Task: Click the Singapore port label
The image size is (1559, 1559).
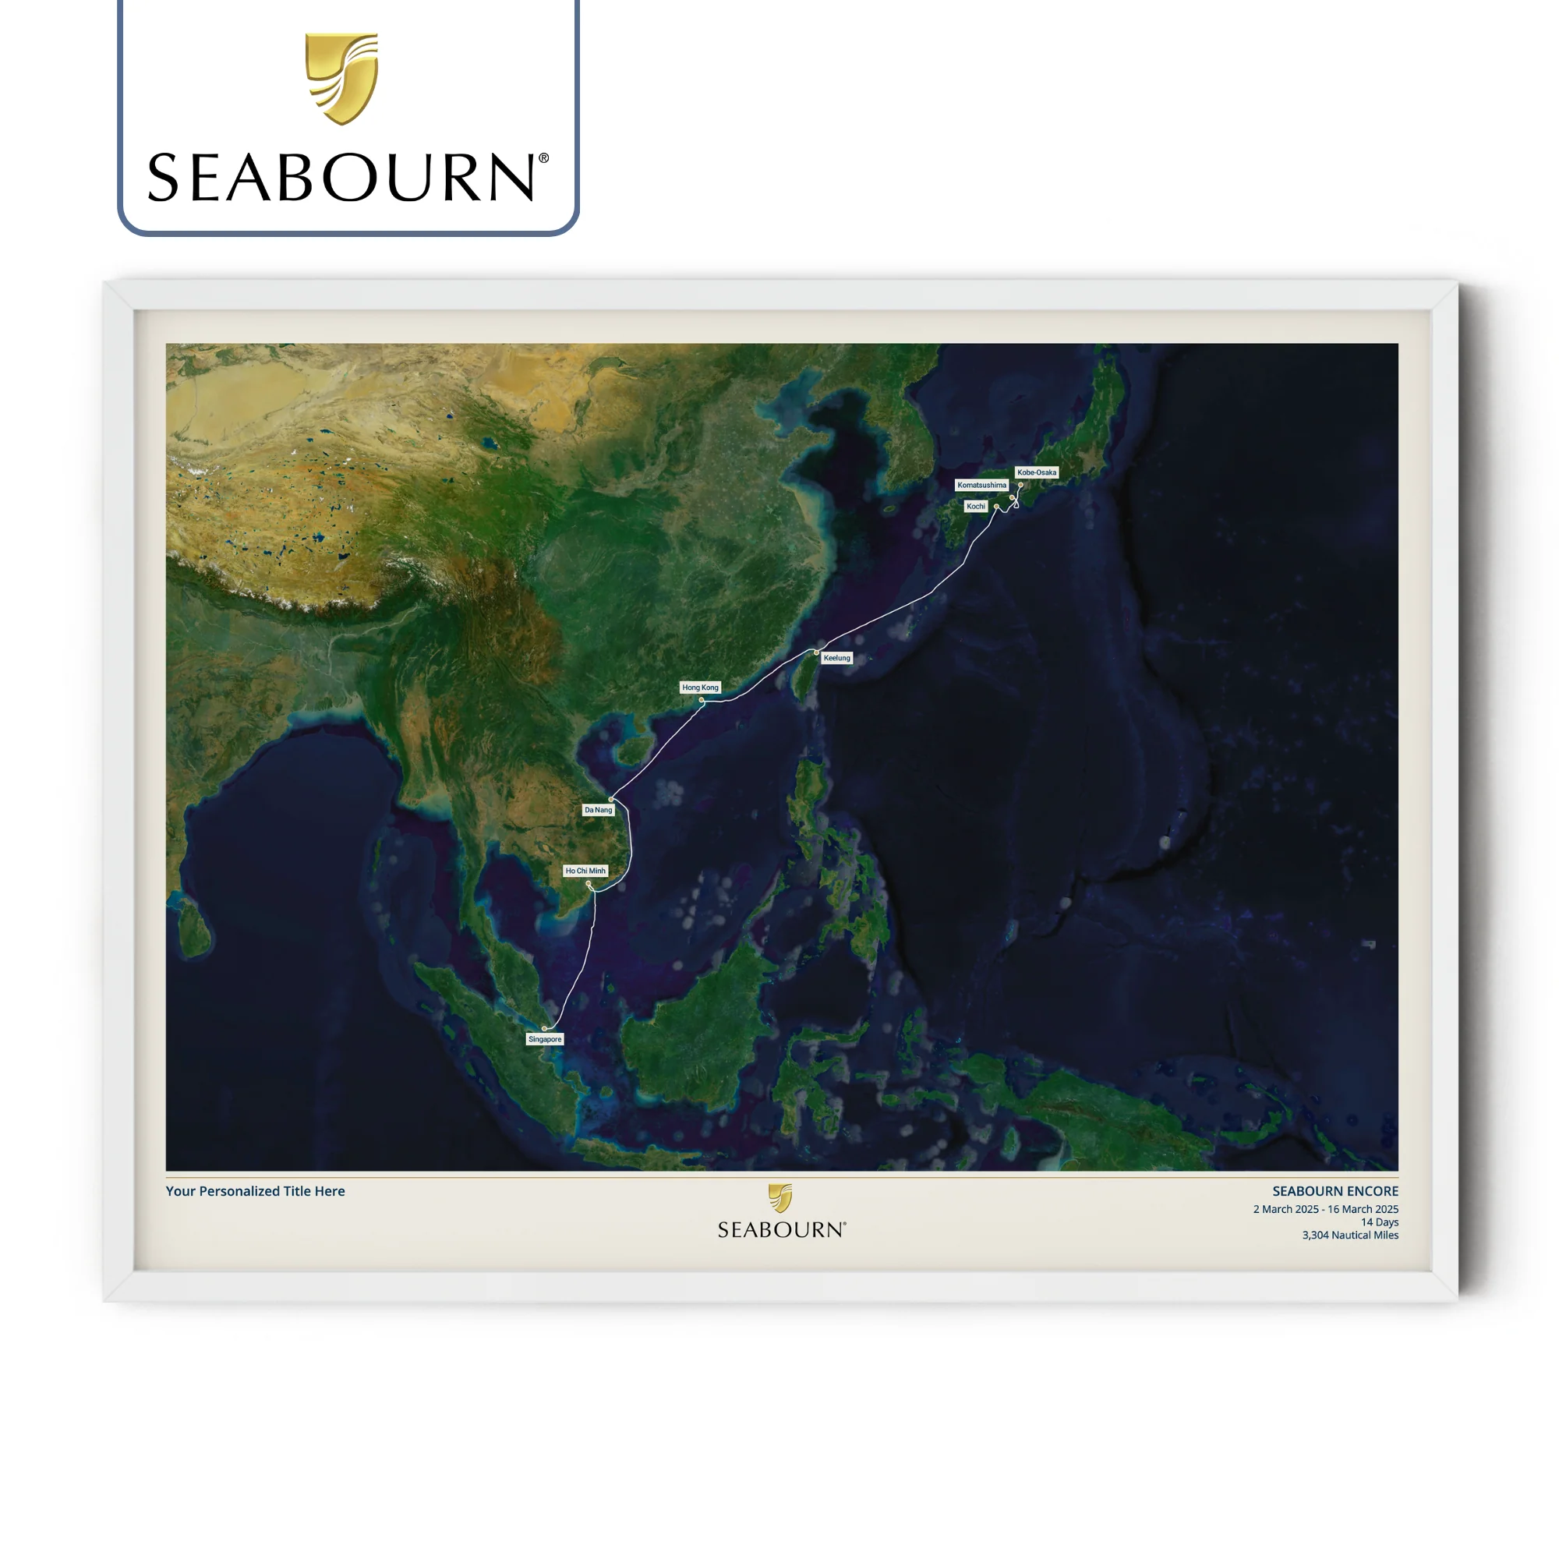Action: point(545,1039)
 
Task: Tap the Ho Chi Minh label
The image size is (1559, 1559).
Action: point(585,871)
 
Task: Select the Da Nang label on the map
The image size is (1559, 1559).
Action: point(598,809)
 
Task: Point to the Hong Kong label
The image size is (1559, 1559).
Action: point(700,688)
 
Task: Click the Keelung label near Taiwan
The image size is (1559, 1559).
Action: point(836,658)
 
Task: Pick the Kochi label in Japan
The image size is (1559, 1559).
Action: point(976,506)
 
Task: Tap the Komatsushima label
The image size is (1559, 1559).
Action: point(981,485)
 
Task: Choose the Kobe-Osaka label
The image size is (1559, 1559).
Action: point(1036,472)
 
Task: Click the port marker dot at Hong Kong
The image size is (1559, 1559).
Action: point(702,700)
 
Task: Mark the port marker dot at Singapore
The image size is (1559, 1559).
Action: point(544,1029)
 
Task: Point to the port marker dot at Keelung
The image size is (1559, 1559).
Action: point(817,652)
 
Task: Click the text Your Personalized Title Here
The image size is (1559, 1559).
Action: point(255,1191)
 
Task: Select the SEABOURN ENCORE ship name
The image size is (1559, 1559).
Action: point(1335,1191)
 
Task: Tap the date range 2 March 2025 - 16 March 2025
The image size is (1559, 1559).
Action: point(1325,1209)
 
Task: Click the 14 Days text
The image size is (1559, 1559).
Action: point(1379,1221)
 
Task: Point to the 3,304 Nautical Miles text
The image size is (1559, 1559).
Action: point(1349,1235)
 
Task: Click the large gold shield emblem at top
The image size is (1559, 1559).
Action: point(341,78)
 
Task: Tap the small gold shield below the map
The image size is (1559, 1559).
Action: point(780,1198)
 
